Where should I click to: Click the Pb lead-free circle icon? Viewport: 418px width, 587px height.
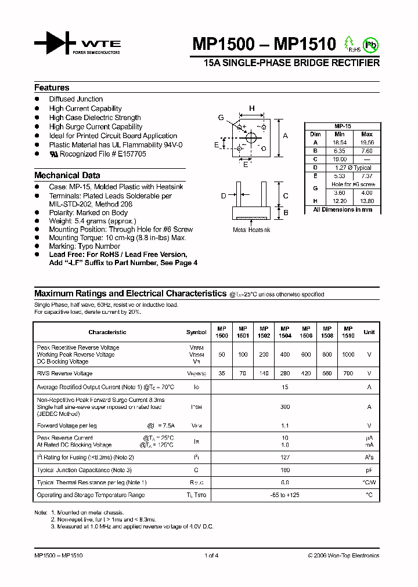tap(369, 44)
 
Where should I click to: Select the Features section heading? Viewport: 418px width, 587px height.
tap(52, 88)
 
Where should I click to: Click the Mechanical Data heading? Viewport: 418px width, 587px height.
tap(67, 175)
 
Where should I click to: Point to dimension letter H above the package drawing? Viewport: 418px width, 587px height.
tap(252, 108)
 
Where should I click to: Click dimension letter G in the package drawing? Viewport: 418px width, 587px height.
tap(221, 118)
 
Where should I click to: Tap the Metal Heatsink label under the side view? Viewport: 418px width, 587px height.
tap(251, 230)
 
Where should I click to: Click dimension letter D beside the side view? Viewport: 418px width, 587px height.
tap(223, 197)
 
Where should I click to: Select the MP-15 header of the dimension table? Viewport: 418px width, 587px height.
tap(343, 126)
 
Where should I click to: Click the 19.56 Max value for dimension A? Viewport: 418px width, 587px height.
tap(366, 142)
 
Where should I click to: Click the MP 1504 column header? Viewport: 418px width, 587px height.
tap(285, 332)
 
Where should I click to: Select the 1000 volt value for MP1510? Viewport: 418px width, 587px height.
tap(348, 354)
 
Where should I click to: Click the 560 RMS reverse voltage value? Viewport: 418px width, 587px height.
tap(327, 374)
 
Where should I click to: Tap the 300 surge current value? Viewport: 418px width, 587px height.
tap(284, 407)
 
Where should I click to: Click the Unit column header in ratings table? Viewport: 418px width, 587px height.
tap(369, 332)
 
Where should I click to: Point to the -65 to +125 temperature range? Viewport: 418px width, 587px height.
tap(284, 495)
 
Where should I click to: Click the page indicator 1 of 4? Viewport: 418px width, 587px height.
tap(211, 556)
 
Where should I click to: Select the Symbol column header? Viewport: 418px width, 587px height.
tap(196, 332)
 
